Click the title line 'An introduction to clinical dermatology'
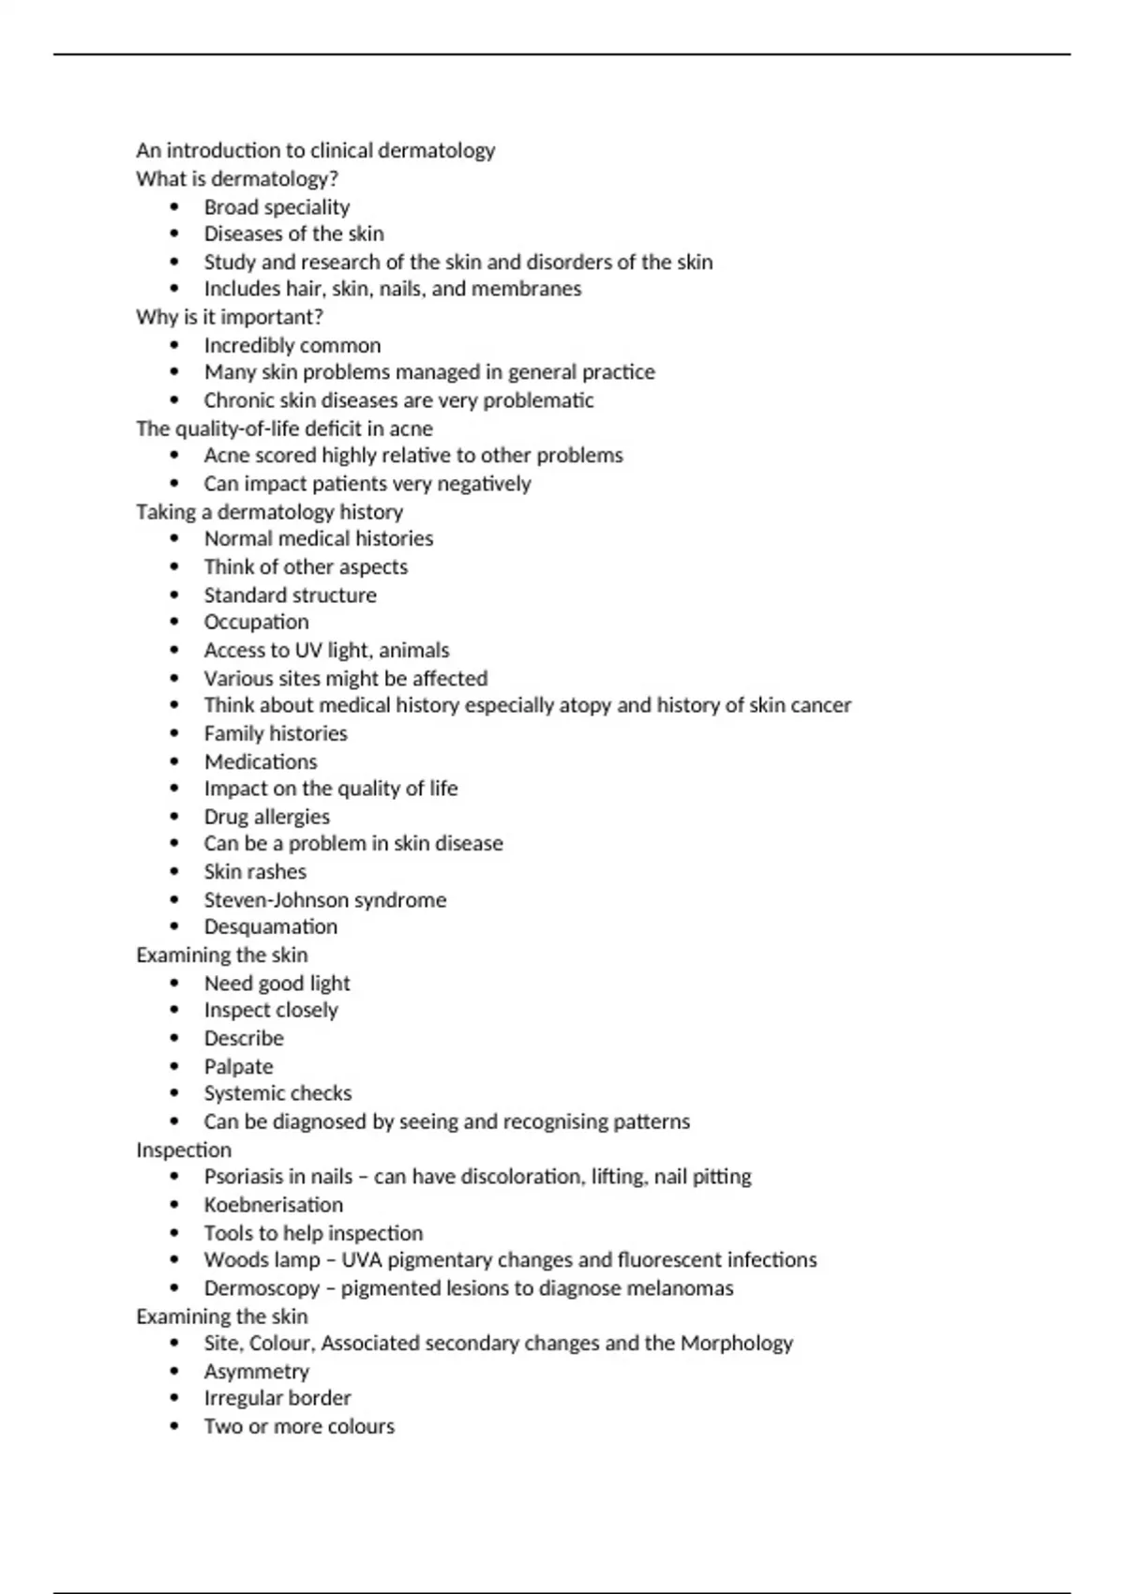point(315,151)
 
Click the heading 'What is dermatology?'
point(236,179)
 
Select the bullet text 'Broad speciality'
point(277,207)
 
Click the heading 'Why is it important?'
point(229,317)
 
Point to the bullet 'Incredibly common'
point(292,345)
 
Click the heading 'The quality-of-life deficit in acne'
point(284,429)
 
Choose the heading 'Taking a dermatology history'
point(269,512)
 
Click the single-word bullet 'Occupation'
point(256,623)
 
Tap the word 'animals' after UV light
point(413,651)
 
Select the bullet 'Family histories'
point(276,733)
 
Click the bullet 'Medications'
point(261,761)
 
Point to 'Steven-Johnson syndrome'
point(325,900)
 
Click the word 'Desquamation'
point(271,927)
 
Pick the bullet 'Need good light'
point(277,984)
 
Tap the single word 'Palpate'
point(238,1067)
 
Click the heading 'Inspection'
point(183,1150)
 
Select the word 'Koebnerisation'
point(274,1205)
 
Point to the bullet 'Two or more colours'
point(299,1427)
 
